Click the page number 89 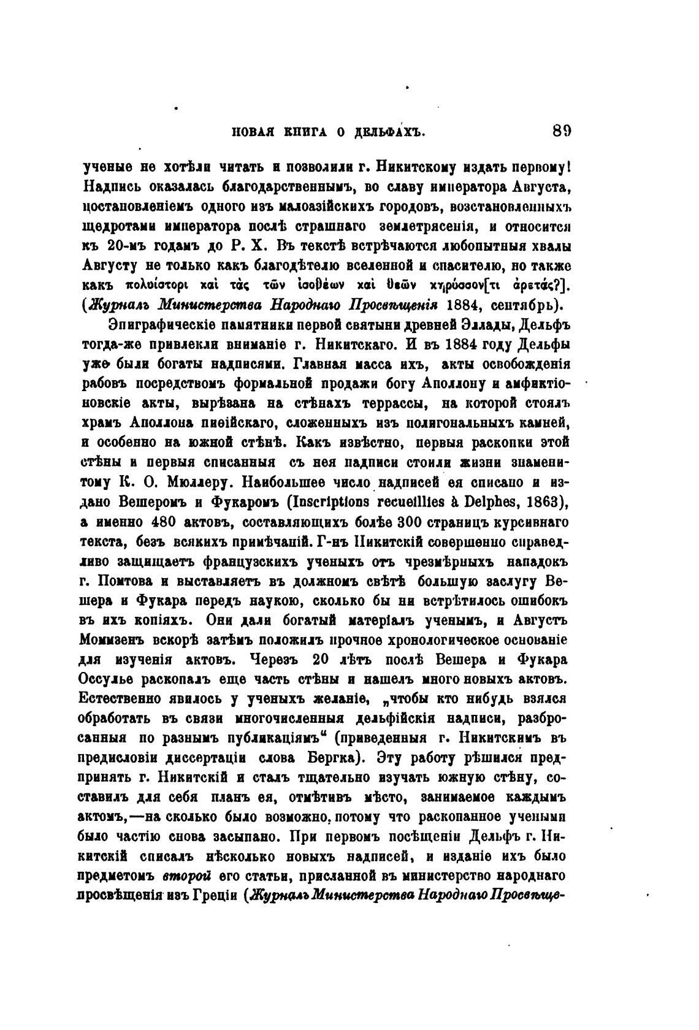coord(561,131)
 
